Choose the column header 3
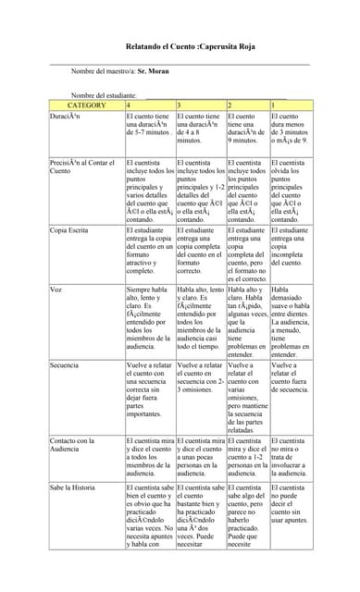179,105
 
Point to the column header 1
273,105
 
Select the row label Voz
56,290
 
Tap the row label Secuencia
65,365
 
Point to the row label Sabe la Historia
74,486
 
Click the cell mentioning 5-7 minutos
149,124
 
